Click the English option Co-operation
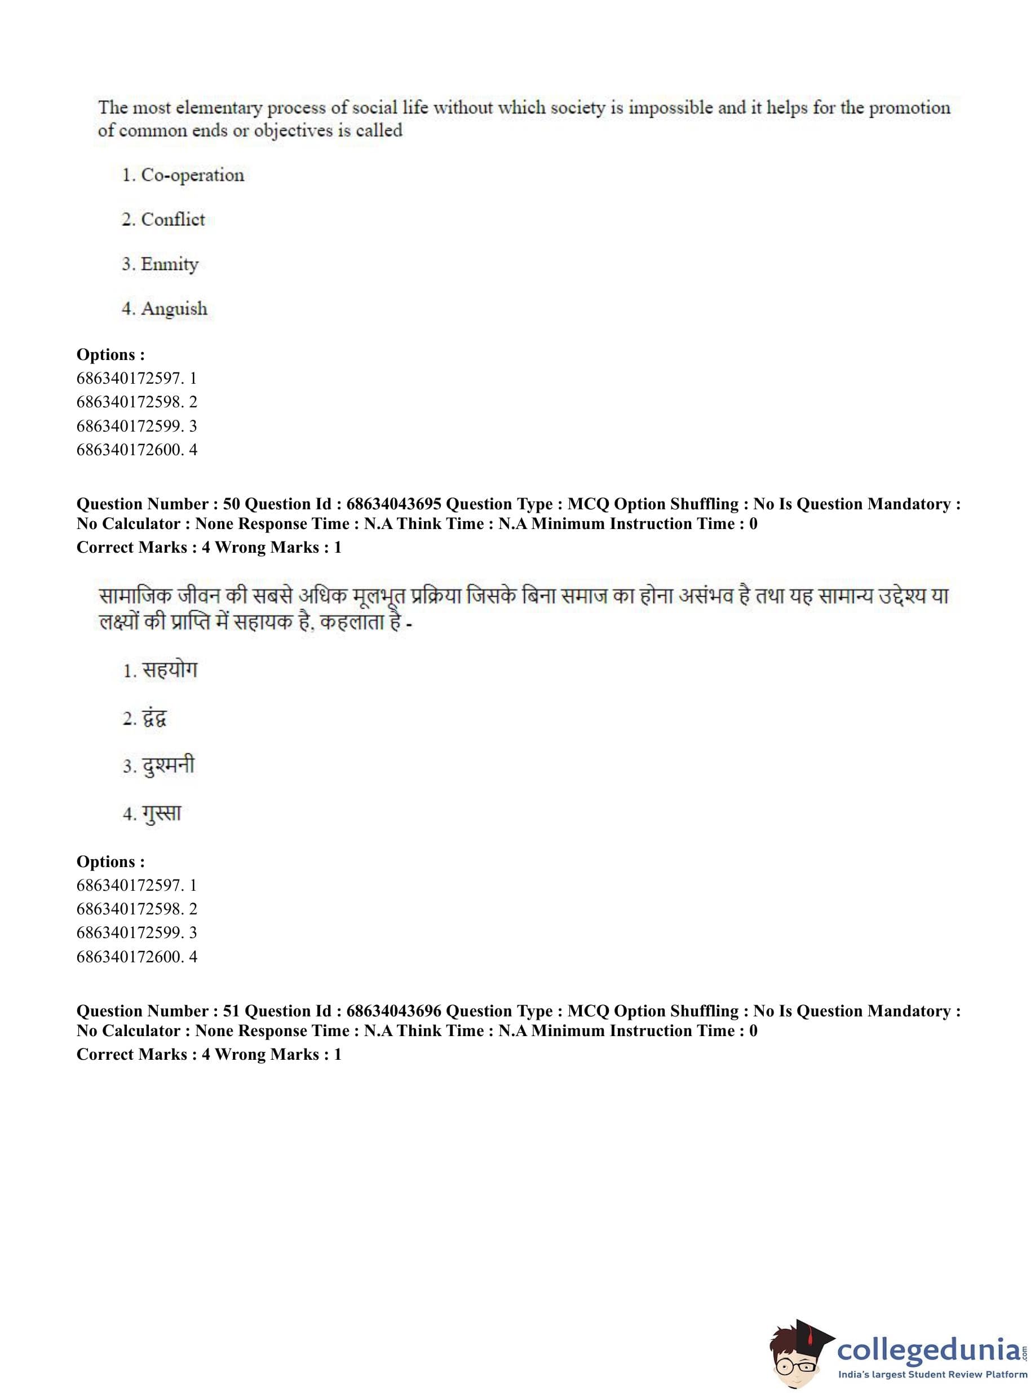(x=192, y=175)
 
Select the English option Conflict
(x=172, y=220)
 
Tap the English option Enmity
(x=169, y=264)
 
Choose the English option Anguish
(x=174, y=309)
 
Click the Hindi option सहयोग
(x=169, y=670)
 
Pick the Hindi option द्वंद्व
(x=154, y=718)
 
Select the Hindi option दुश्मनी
(x=168, y=766)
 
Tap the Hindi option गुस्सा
(x=161, y=814)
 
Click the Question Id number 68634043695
(x=393, y=504)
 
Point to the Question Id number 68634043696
(x=393, y=1011)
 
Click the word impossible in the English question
(x=670, y=108)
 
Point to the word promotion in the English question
(x=909, y=108)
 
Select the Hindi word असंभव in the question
(x=707, y=596)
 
